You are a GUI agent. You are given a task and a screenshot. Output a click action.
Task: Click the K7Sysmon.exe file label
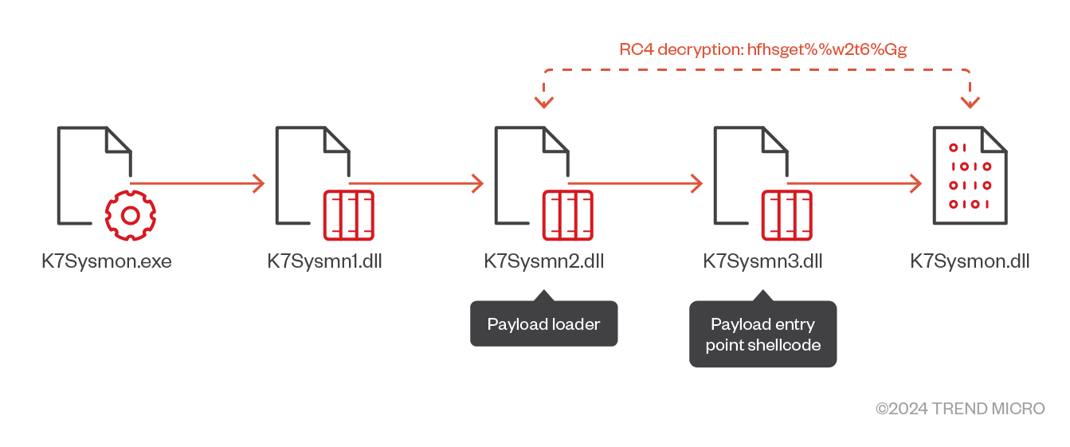[x=107, y=261]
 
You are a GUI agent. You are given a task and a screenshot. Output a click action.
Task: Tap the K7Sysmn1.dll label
[x=324, y=261]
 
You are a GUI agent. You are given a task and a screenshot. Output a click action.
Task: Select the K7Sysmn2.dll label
[x=543, y=261]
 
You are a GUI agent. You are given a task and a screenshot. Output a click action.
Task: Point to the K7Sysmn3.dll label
[x=762, y=261]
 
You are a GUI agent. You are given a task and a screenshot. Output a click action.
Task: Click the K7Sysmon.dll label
[x=970, y=261]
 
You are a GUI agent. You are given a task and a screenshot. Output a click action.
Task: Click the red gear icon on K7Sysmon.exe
[x=131, y=215]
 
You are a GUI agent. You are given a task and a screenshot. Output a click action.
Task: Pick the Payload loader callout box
[x=543, y=324]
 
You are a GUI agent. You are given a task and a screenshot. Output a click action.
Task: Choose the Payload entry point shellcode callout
[x=762, y=335]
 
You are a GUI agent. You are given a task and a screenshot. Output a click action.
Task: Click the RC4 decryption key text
[x=763, y=49]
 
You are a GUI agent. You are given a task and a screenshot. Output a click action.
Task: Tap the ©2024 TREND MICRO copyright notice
[x=960, y=409]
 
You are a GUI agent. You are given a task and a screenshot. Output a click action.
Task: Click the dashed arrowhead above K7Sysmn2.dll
[x=545, y=101]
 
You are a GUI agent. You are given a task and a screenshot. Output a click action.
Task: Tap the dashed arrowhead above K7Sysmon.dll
[x=970, y=101]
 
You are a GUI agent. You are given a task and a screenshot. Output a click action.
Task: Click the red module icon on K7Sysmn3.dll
[x=787, y=215]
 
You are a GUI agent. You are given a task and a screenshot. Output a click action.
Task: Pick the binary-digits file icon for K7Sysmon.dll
[x=970, y=177]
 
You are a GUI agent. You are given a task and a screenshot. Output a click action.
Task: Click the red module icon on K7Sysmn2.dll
[x=568, y=215]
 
